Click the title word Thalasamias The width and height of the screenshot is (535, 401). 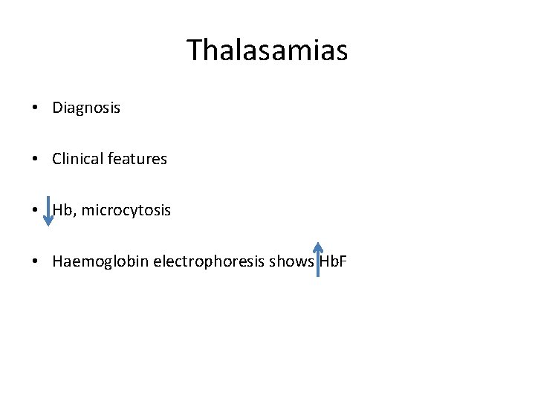pyautogui.click(x=267, y=50)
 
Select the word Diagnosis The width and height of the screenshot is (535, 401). pyautogui.click(x=86, y=108)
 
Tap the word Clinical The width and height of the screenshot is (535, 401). pyautogui.click(x=78, y=159)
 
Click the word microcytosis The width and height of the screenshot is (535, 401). pyautogui.click(x=126, y=211)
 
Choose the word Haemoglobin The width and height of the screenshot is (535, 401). pyautogui.click(x=92, y=262)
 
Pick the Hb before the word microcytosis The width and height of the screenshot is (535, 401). pyautogui.click(x=64, y=211)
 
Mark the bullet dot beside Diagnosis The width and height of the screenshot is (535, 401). pyautogui.click(x=36, y=108)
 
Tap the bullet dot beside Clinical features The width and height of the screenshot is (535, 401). pyautogui.click(x=36, y=160)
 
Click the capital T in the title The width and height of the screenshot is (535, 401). pyautogui.click(x=195, y=50)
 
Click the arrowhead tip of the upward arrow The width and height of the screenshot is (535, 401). pyautogui.click(x=317, y=243)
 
